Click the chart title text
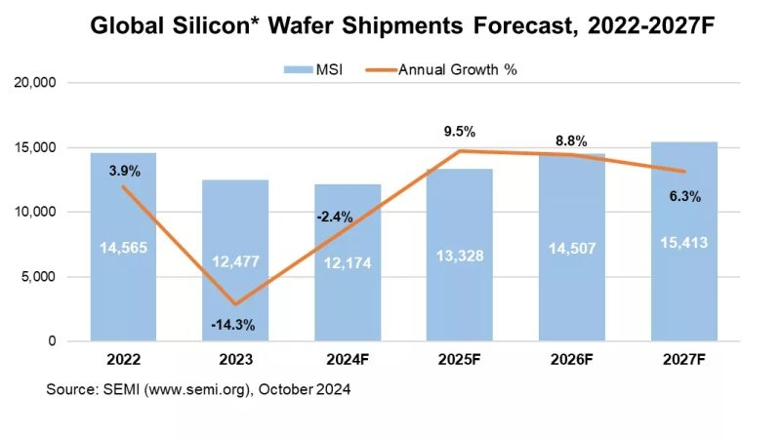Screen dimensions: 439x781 click(x=390, y=26)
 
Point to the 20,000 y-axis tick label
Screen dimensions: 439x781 click(x=38, y=84)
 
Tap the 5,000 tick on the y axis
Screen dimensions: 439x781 click(x=42, y=277)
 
